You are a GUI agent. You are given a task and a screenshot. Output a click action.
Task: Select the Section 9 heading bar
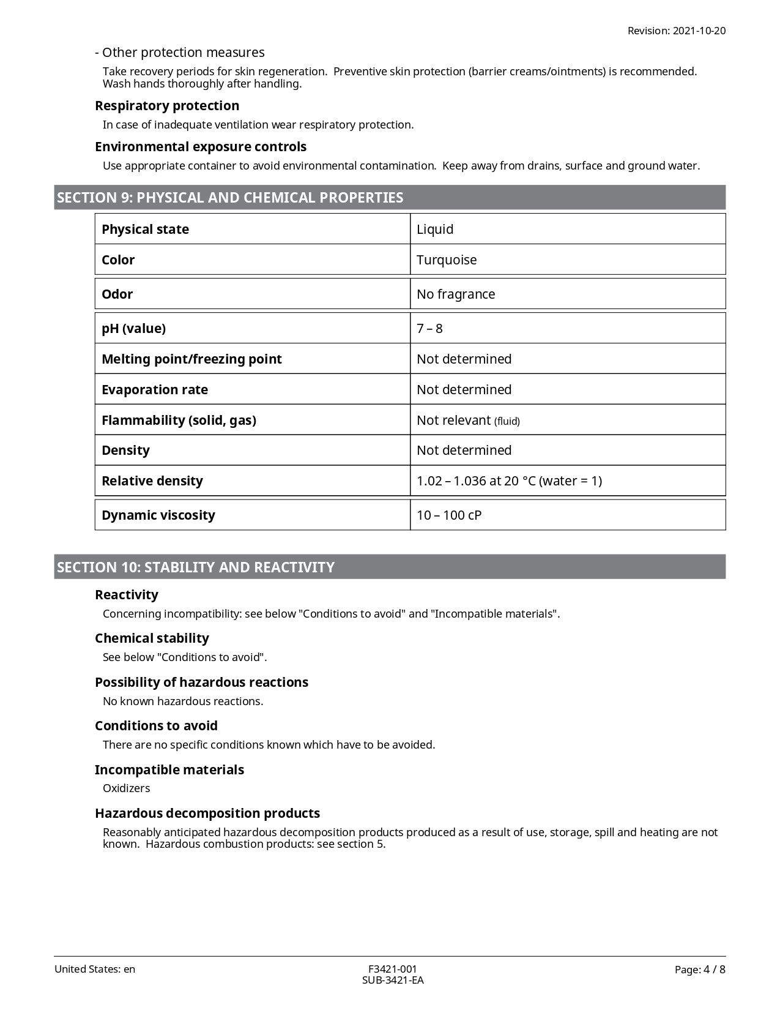[390, 198]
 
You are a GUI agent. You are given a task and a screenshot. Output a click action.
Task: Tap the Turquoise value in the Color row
[447, 260]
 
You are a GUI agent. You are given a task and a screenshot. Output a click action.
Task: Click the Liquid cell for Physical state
[435, 229]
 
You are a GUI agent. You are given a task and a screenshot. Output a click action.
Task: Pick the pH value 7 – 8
[429, 328]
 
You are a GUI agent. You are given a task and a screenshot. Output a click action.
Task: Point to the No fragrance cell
[456, 294]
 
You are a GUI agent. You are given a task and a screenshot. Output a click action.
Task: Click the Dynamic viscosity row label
[158, 515]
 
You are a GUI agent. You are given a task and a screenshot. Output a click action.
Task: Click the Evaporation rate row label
[155, 389]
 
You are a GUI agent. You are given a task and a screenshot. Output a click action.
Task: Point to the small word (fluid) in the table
[507, 421]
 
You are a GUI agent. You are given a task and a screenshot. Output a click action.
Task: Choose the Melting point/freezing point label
[191, 359]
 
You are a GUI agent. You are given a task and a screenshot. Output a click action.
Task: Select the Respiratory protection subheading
[167, 105]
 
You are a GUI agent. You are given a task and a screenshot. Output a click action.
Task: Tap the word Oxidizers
[127, 788]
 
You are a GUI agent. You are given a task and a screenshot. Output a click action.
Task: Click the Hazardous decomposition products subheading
[207, 813]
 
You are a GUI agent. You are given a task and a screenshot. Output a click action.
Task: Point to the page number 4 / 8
[700, 969]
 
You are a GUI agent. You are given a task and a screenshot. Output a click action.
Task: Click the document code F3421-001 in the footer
[392, 969]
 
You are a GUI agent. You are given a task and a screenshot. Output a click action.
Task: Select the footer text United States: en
[95, 969]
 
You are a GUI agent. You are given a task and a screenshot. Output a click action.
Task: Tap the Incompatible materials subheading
[169, 769]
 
